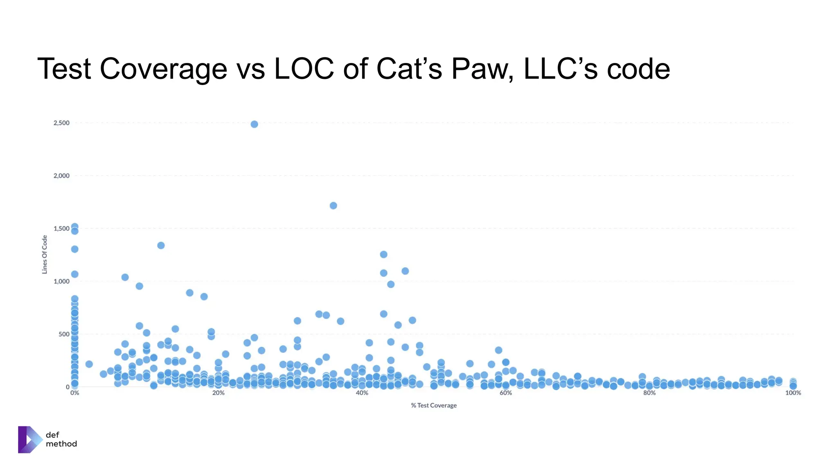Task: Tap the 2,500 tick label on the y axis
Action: point(61,123)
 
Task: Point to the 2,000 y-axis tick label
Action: point(61,176)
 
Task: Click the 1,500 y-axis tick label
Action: point(61,229)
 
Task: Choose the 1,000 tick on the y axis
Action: point(61,281)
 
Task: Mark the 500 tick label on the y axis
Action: point(64,334)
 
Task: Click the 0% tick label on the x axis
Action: point(74,393)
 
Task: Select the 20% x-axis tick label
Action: point(218,393)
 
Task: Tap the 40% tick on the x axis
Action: point(362,393)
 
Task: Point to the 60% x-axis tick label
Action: point(506,393)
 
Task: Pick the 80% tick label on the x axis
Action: point(649,393)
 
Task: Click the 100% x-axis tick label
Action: point(793,393)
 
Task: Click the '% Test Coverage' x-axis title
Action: point(434,406)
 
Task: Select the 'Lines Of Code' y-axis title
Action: point(45,254)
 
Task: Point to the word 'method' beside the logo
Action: point(61,444)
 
